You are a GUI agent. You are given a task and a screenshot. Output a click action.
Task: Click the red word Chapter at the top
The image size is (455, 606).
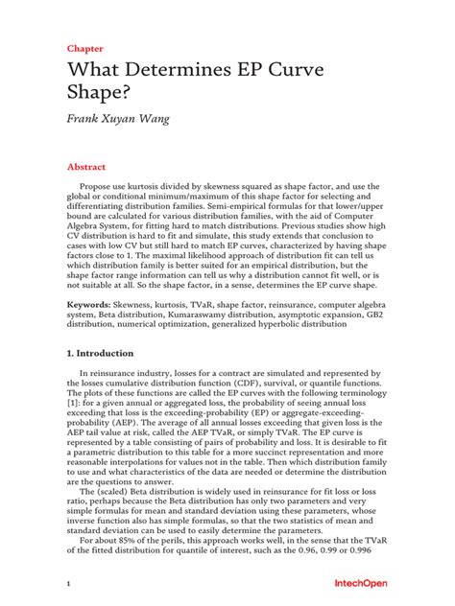coord(84,47)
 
